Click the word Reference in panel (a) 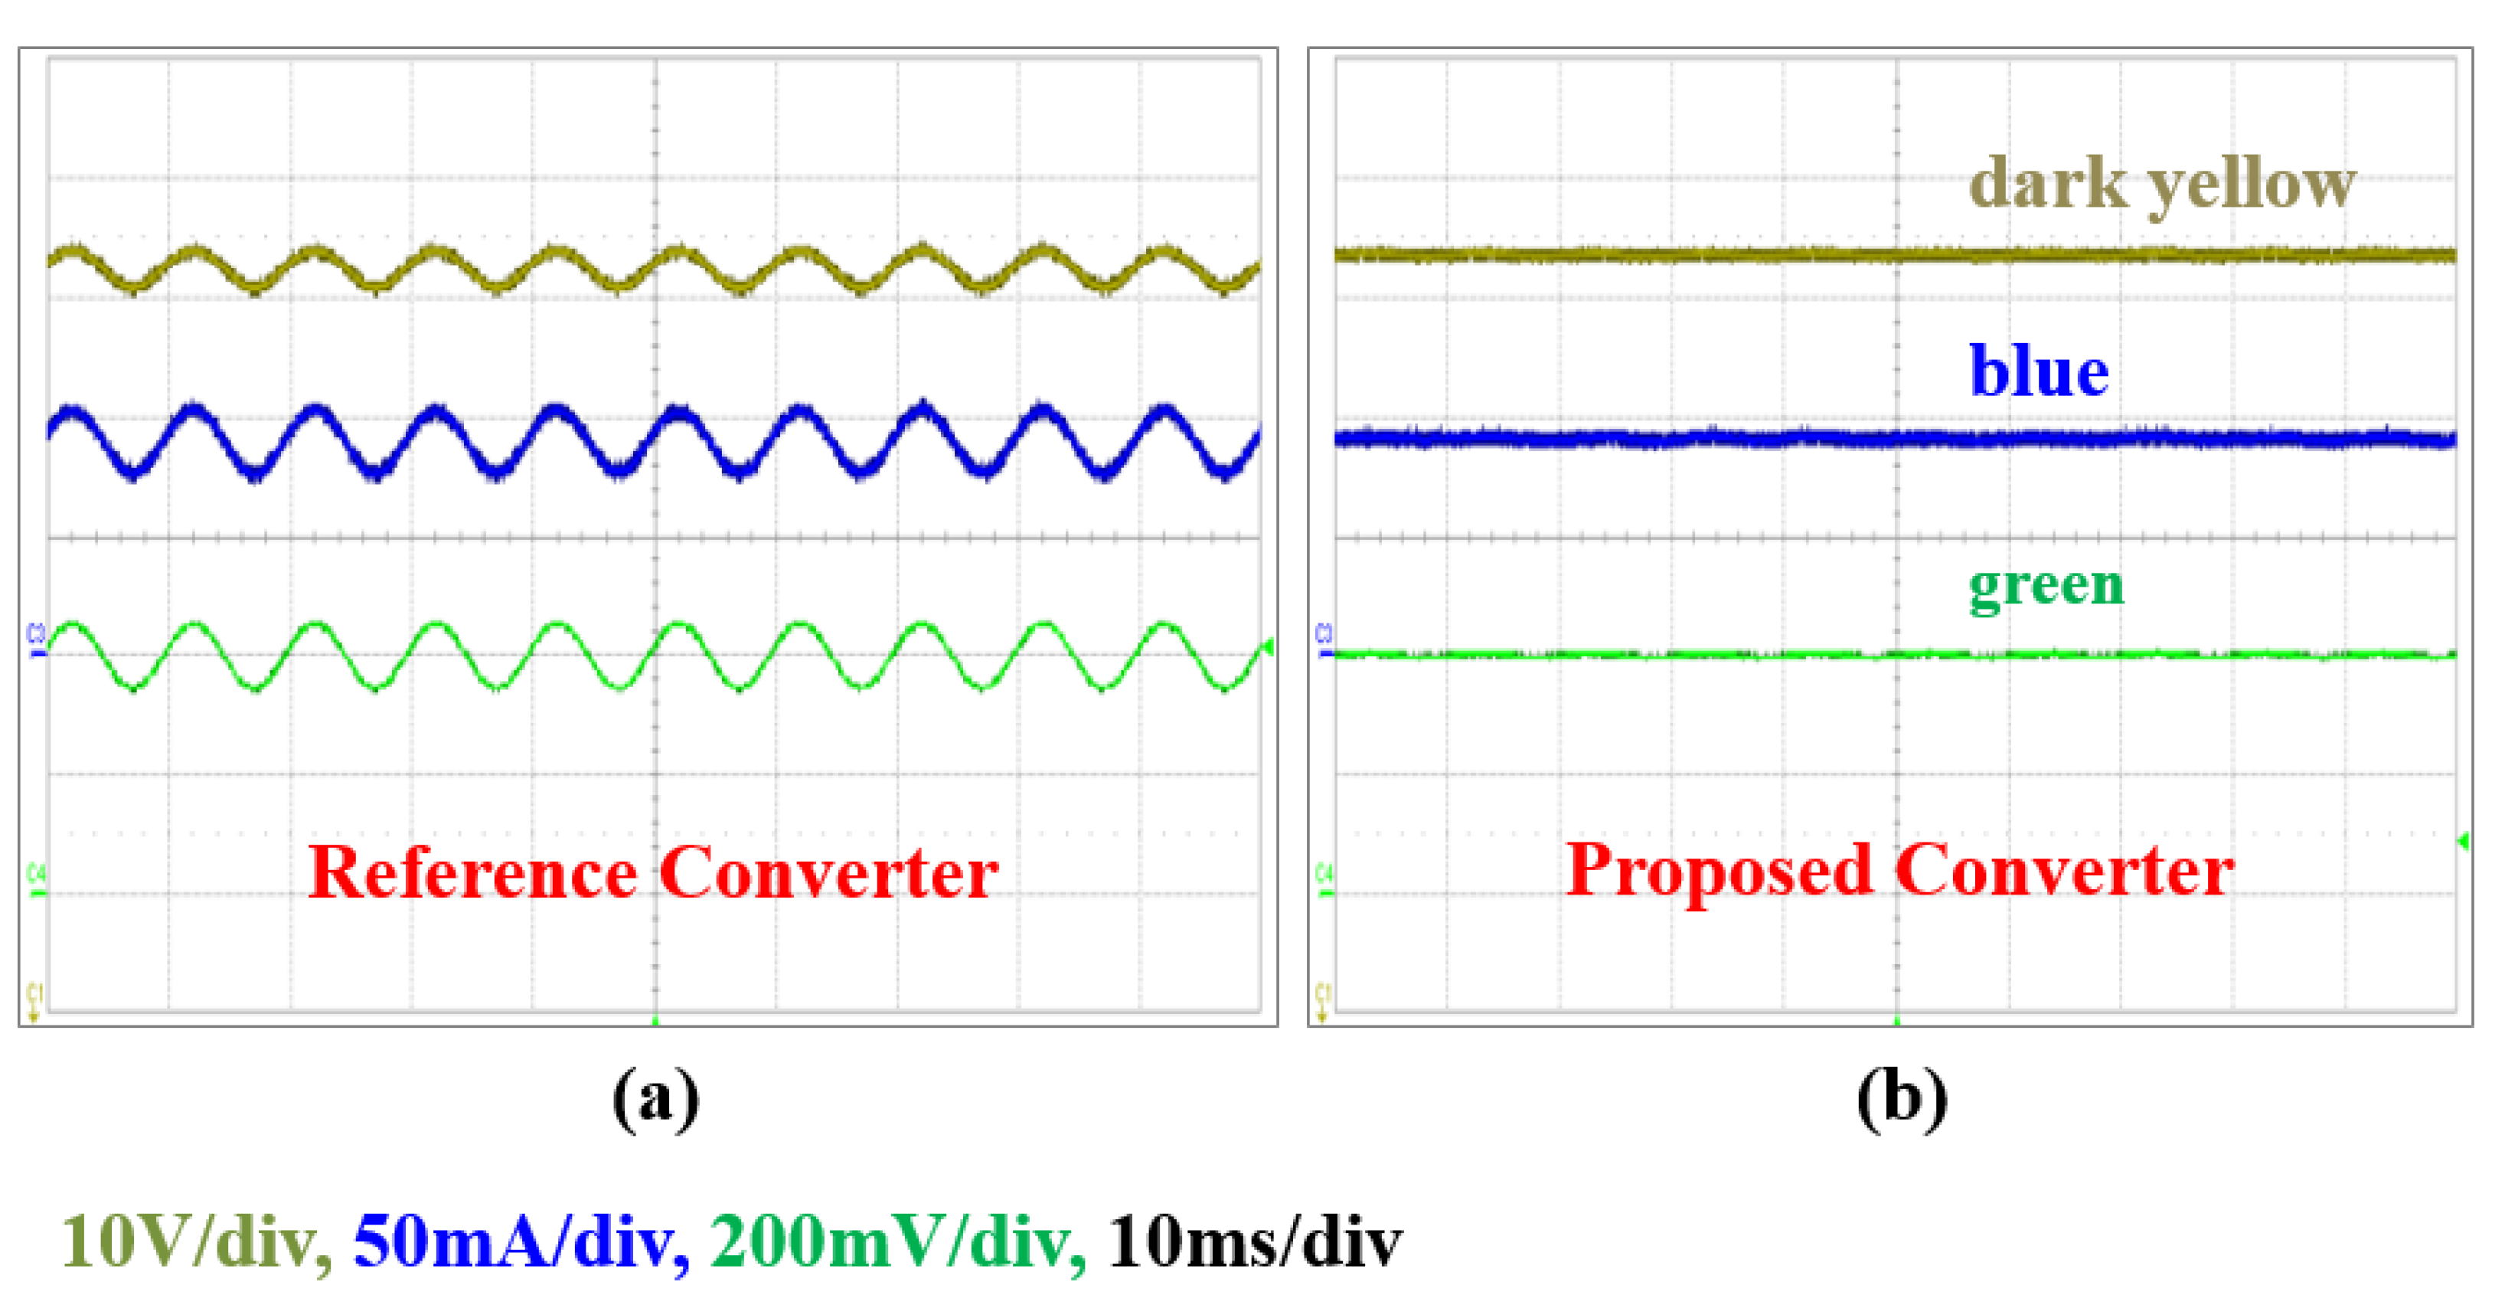(472, 872)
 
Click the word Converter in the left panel (828, 872)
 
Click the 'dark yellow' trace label (2160, 184)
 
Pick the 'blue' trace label (2038, 371)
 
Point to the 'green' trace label (2046, 586)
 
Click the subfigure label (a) (655, 1097)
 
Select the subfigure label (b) (1901, 1097)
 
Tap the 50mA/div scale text (521, 1242)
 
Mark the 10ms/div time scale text (1255, 1242)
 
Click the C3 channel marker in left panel (36, 637)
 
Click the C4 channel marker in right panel (1324, 876)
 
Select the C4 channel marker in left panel (36, 876)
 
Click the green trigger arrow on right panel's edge (2463, 840)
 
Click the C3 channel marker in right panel (1324, 637)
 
